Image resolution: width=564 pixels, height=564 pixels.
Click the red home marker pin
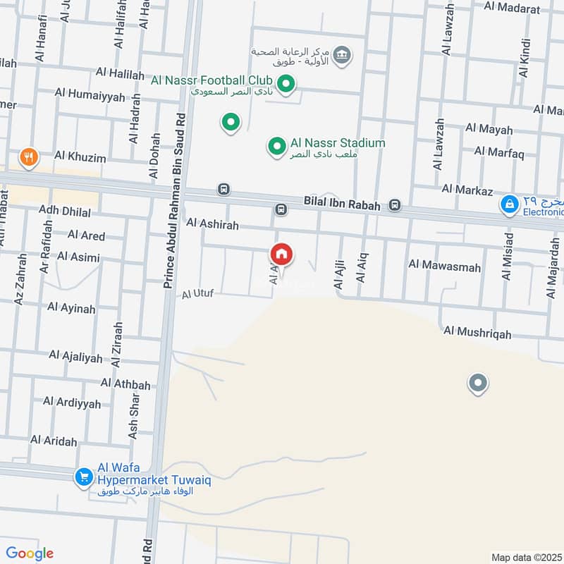coord(281,255)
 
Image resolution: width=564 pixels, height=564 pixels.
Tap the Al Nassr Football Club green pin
coord(286,85)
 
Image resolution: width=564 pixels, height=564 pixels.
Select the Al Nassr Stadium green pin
coord(276,147)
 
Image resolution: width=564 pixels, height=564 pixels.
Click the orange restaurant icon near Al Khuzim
coord(29,157)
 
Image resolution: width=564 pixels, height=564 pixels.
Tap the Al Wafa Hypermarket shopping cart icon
coord(84,477)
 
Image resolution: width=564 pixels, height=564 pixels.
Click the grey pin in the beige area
coord(478,384)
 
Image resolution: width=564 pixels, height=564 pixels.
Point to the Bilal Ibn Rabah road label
coord(342,204)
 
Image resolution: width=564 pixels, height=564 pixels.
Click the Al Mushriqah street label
coord(477,333)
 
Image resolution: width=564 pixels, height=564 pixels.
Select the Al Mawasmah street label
coord(444,266)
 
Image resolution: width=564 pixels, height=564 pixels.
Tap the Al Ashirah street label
coord(212,223)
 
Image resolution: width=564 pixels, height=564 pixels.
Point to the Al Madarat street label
coord(512,8)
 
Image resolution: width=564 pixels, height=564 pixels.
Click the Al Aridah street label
coord(54,441)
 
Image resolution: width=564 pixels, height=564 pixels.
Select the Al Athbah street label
coord(125,384)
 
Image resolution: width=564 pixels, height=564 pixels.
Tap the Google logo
coord(30,553)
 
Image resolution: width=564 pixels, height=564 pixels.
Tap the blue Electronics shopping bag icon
coord(508,205)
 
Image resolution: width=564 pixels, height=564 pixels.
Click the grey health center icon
coord(342,55)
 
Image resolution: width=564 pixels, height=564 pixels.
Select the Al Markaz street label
coord(466,189)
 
